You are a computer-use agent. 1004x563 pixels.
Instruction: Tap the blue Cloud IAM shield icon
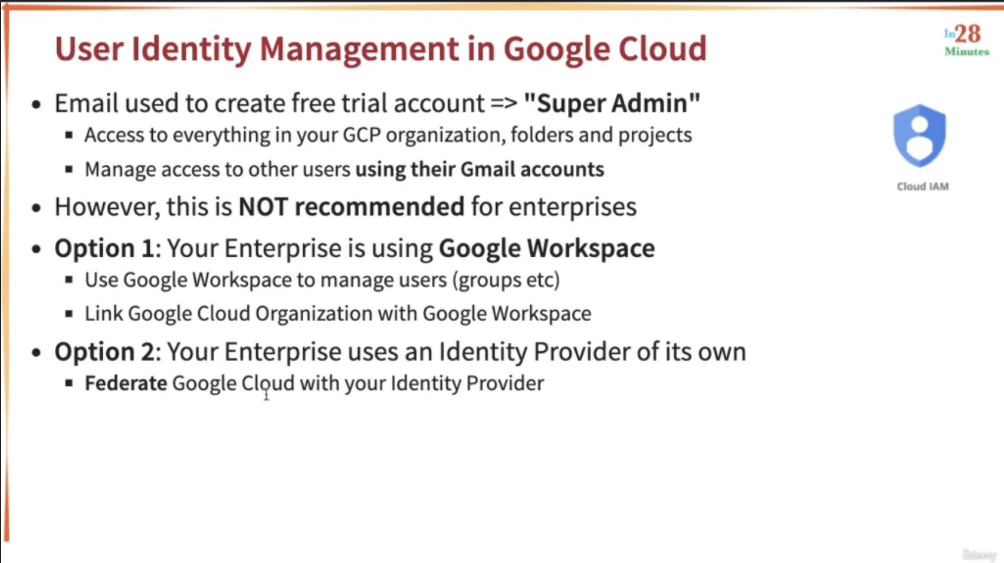pyautogui.click(x=920, y=135)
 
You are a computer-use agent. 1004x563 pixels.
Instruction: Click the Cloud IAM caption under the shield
pyautogui.click(x=923, y=186)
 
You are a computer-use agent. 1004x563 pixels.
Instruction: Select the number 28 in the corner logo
pyautogui.click(x=967, y=34)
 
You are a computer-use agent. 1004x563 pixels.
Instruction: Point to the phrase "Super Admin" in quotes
pyautogui.click(x=612, y=103)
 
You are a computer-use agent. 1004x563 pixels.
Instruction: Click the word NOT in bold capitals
pyautogui.click(x=263, y=207)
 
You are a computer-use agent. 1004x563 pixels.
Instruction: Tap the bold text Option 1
pyautogui.click(x=104, y=248)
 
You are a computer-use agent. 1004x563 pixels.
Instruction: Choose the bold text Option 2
pyautogui.click(x=105, y=351)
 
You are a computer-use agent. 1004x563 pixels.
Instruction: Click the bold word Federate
pyautogui.click(x=126, y=383)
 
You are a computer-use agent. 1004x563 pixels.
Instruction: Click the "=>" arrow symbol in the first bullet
pyautogui.click(x=504, y=104)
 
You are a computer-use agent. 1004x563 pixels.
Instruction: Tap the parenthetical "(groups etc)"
pyautogui.click(x=506, y=280)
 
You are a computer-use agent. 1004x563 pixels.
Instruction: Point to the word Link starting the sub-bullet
pyautogui.click(x=104, y=313)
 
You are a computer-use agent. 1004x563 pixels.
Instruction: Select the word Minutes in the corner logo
pyautogui.click(x=967, y=52)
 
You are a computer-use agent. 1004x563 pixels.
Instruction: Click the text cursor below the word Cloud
pyautogui.click(x=266, y=394)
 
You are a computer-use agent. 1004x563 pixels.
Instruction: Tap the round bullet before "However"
pyautogui.click(x=37, y=208)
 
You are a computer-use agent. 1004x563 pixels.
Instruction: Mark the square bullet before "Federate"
pyautogui.click(x=68, y=383)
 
